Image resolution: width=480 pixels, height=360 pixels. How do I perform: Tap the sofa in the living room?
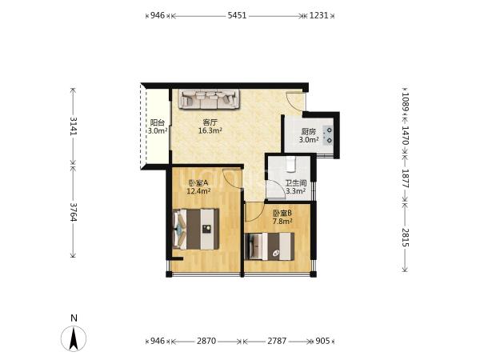tap(210, 99)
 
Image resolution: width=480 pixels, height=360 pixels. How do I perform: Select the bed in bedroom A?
tap(196, 229)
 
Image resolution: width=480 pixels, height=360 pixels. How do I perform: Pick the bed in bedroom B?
tap(270, 246)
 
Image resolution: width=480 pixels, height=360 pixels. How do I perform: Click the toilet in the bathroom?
tap(290, 163)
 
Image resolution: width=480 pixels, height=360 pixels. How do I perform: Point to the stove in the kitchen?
tap(328, 135)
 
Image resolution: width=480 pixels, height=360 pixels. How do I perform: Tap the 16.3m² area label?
tap(210, 131)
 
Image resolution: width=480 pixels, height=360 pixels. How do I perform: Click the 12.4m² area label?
tap(198, 192)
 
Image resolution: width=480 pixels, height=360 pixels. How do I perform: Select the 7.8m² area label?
tap(282, 221)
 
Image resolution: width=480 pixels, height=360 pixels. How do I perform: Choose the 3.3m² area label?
tap(296, 191)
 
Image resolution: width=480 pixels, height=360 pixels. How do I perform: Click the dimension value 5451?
tap(237, 15)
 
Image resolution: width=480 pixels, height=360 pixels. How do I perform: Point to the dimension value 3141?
tap(74, 126)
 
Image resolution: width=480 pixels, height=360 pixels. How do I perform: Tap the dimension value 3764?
tap(74, 212)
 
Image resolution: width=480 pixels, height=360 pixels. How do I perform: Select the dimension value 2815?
tap(405, 238)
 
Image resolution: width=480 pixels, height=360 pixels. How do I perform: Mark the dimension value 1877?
tap(405, 178)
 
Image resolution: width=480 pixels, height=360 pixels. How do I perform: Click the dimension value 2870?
tap(206, 341)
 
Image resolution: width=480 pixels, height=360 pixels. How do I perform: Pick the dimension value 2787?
tap(277, 341)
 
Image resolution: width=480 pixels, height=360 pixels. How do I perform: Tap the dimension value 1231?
tap(318, 15)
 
